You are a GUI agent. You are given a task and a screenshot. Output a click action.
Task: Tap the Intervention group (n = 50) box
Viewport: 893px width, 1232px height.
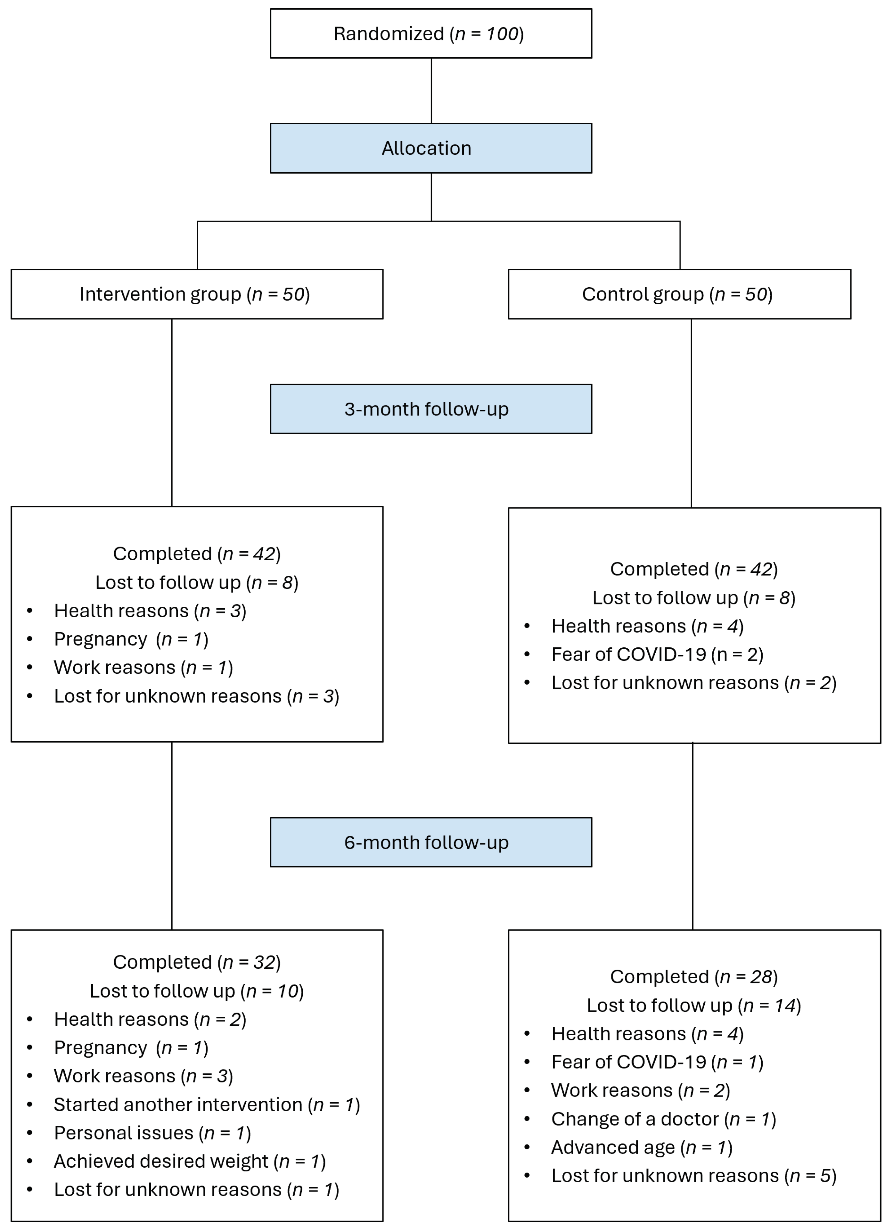pyautogui.click(x=197, y=294)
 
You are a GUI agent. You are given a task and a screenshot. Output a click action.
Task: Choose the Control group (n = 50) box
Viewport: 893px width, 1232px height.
pyautogui.click(x=679, y=294)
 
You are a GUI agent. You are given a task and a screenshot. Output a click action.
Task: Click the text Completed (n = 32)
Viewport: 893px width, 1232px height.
pyautogui.click(x=197, y=962)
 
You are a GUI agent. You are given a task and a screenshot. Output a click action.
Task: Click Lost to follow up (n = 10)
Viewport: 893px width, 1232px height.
pyautogui.click(x=197, y=991)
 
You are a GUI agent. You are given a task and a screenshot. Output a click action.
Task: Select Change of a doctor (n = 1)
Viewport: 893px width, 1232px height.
pyautogui.click(x=663, y=1119)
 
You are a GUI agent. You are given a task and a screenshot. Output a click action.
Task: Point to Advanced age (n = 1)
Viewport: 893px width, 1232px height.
pyautogui.click(x=642, y=1147)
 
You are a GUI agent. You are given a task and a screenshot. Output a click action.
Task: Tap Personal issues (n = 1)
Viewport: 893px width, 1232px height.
pyautogui.click(x=152, y=1133)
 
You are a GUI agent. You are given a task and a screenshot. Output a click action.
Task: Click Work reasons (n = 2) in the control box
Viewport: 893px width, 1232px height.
pyautogui.click(x=640, y=1090)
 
